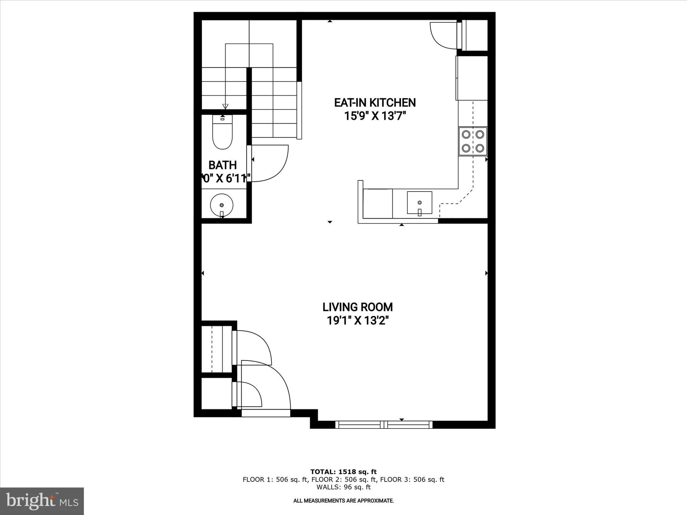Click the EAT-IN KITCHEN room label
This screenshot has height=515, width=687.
click(x=375, y=103)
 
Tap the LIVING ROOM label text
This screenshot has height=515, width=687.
click(x=357, y=307)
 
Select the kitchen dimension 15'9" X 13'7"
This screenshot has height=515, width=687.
click(x=375, y=116)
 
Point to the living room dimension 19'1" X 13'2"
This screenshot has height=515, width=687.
click(x=357, y=321)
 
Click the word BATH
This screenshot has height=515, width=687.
click(x=223, y=165)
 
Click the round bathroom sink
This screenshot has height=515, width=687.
click(x=222, y=205)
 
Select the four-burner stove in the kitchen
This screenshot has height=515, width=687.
click(x=473, y=141)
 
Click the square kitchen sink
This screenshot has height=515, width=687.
click(x=419, y=203)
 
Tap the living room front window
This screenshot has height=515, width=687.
click(x=384, y=425)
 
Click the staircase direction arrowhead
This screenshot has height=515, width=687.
click(x=225, y=106)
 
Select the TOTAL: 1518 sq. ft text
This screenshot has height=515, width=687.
click(x=343, y=472)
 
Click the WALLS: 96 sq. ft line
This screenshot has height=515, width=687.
click(x=343, y=487)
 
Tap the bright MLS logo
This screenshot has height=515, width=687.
click(x=42, y=501)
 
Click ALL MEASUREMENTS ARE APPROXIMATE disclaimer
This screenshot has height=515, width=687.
click(x=343, y=501)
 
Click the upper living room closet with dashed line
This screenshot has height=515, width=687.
click(x=216, y=349)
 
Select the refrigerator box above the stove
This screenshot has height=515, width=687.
click(x=472, y=78)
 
